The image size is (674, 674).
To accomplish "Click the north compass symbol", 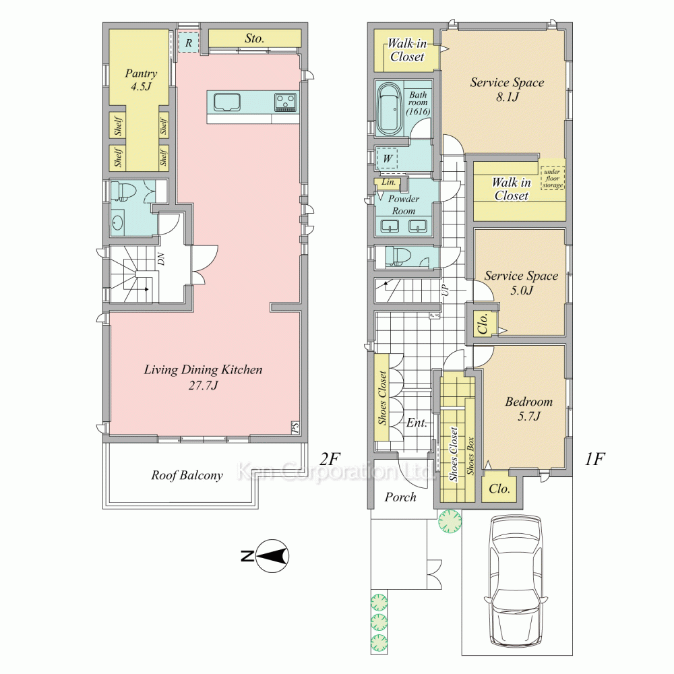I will [x=274, y=556].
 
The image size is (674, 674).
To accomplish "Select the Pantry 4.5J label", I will [x=142, y=80].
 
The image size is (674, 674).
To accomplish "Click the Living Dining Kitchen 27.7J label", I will [x=203, y=377].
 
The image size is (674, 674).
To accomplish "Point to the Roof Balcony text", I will [x=187, y=475].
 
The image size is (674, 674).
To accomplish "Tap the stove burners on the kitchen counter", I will [x=285, y=102].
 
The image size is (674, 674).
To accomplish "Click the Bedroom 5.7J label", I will [x=528, y=408].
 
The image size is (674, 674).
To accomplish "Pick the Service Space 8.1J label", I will [x=507, y=89].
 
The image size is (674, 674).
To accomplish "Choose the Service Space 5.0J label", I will [x=521, y=282].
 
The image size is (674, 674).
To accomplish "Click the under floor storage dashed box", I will [x=552, y=176].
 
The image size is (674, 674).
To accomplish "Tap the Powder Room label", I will [x=404, y=205].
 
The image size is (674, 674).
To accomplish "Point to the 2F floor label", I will [x=330, y=460].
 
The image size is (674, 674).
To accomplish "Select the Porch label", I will [x=400, y=497].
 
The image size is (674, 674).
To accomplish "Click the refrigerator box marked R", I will [x=190, y=42].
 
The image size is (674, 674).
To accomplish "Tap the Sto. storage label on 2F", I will [x=254, y=39].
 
